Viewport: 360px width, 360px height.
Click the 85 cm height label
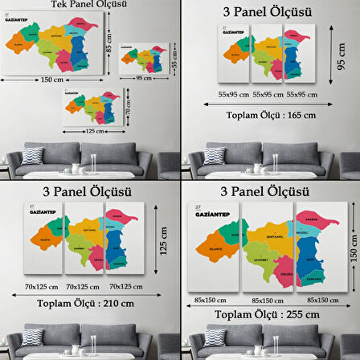click(109, 38)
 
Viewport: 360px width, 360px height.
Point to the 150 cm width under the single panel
click(51, 80)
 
